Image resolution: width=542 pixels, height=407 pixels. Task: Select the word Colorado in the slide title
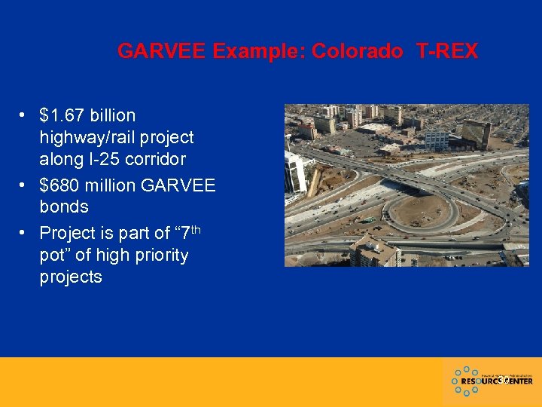[x=357, y=51]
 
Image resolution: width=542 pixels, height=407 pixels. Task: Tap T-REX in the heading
[x=447, y=51]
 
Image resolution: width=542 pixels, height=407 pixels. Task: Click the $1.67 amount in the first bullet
[x=62, y=115]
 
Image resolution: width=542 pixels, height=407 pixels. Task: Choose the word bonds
[x=64, y=207]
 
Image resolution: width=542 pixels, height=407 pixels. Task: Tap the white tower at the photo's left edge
[x=294, y=170]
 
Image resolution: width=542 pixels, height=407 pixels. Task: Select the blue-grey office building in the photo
[x=436, y=139]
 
